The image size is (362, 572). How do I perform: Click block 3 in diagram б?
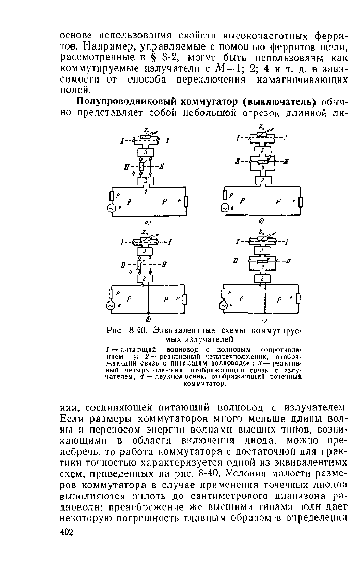click(x=263, y=150)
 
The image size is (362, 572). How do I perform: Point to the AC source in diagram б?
click(x=224, y=208)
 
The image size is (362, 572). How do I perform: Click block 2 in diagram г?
click(x=264, y=279)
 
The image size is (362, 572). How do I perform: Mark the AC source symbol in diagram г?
click(x=224, y=306)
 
